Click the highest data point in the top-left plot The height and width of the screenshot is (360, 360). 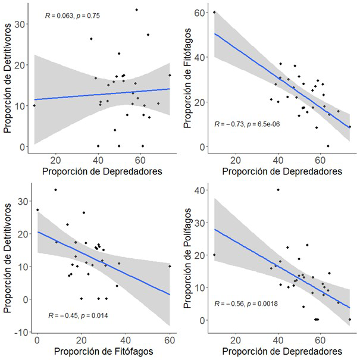pos(136,10)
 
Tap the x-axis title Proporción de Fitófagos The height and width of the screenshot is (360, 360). pos(102,352)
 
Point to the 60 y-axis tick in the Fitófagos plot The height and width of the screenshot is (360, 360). pos(202,12)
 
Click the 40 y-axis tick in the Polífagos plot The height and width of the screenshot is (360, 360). pos(202,190)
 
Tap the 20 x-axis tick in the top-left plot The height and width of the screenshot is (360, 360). pos(56,161)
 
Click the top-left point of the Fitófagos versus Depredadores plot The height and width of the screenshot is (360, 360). pos(214,12)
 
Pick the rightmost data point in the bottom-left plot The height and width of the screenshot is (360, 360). pos(170,266)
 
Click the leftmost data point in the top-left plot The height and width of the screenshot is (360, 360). pos(34,106)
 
